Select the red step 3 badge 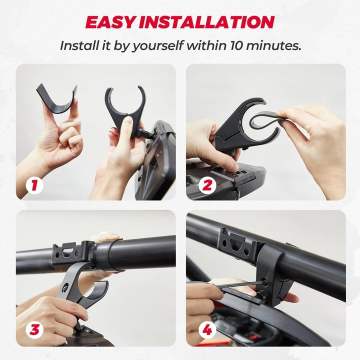pyautogui.click(x=34, y=330)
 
